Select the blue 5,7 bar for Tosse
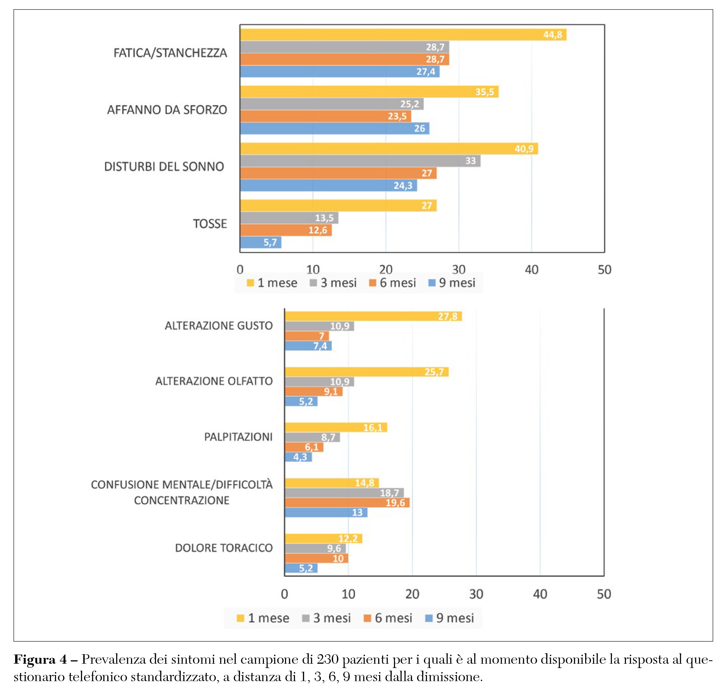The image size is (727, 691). coord(260,242)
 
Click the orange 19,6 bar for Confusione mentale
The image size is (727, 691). coord(347,503)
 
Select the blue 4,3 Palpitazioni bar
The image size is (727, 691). coord(298,457)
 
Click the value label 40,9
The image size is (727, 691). coord(524,149)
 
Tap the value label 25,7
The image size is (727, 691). coord(434,372)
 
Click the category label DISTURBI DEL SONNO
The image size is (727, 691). coord(164,167)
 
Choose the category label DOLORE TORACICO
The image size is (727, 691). coord(223,548)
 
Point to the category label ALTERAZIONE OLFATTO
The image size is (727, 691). coord(214,381)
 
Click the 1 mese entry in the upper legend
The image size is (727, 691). coord(272,283)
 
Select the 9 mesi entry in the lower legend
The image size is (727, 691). coord(450,618)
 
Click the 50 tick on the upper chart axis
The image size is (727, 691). coord(604,270)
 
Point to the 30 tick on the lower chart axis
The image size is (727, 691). coord(476,594)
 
